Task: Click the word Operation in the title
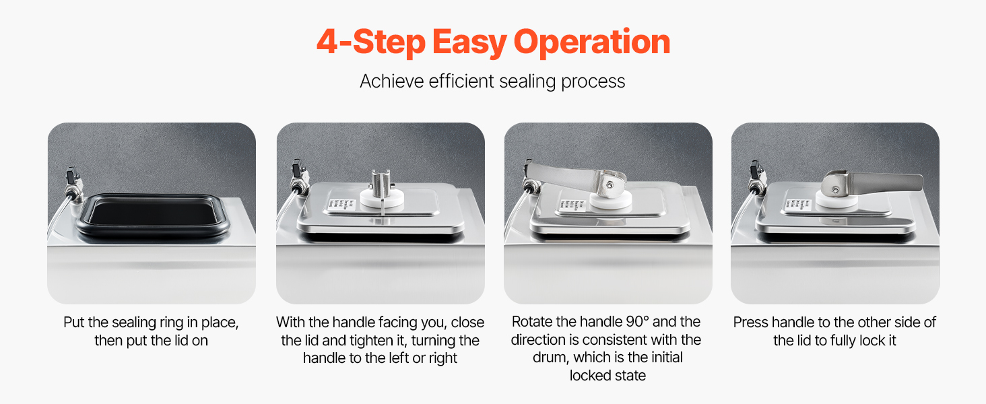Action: tap(591, 42)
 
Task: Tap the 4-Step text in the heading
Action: tap(371, 42)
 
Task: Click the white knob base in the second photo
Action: tap(382, 200)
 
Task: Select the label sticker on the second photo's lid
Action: tap(341, 205)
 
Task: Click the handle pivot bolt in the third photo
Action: tap(610, 185)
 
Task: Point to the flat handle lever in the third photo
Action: tap(564, 174)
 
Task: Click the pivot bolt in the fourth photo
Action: tap(835, 190)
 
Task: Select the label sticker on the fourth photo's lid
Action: tap(799, 204)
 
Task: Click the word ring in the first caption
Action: tap(171, 323)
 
